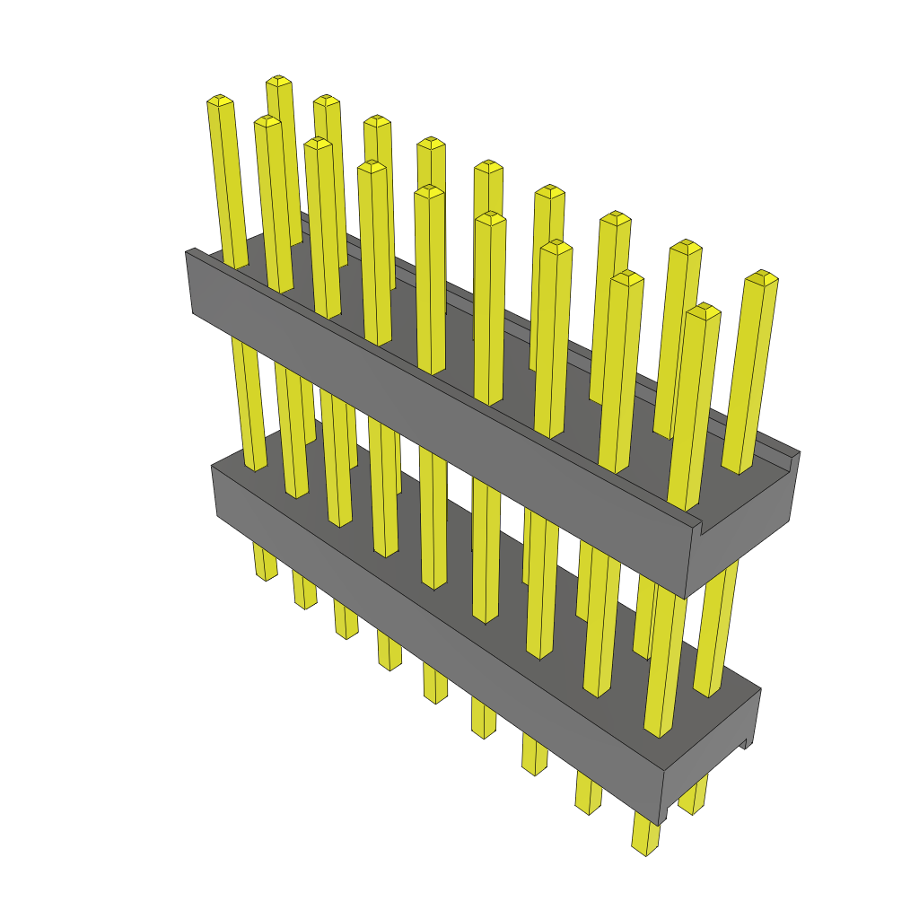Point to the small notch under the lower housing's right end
[746, 743]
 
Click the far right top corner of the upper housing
[799, 452]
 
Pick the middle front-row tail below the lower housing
[435, 687]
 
